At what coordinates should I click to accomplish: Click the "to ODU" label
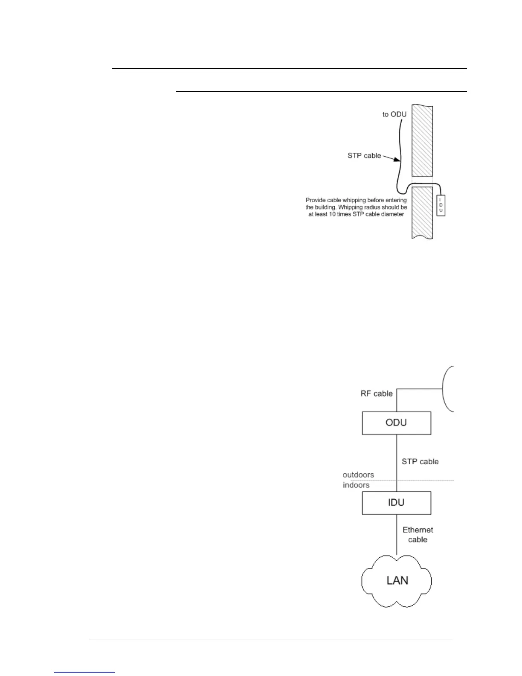click(394, 114)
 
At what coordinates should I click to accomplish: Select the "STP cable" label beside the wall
click(364, 156)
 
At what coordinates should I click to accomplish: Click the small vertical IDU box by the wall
click(441, 205)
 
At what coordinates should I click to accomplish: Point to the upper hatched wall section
click(422, 140)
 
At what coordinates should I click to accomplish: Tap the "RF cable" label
click(377, 393)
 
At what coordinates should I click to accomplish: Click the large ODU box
click(397, 423)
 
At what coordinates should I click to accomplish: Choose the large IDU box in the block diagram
click(397, 503)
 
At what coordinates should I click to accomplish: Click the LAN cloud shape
click(397, 580)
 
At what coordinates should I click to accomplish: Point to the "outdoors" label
click(358, 475)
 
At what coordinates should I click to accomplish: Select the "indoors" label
click(356, 485)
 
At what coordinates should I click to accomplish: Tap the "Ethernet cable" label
click(418, 535)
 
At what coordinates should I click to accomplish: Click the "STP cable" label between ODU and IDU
click(420, 461)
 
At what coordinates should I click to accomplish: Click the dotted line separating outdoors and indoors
click(426, 480)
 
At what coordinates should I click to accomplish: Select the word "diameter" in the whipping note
click(391, 214)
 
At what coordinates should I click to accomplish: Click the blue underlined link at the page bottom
click(84, 672)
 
